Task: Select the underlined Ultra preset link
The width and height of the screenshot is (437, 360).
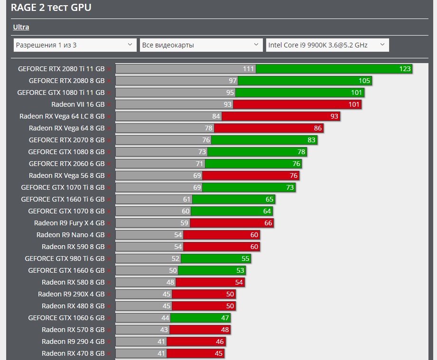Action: pos(21,27)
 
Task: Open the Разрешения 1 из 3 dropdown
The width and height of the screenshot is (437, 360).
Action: pos(75,45)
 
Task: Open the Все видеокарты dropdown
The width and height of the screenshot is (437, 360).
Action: pos(201,45)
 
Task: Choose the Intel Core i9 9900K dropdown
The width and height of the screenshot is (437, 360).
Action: pos(327,45)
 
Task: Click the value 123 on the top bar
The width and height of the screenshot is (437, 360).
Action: pos(404,69)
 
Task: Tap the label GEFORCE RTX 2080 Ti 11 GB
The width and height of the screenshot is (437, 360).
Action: pos(61,69)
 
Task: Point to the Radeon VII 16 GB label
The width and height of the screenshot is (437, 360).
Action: pos(78,104)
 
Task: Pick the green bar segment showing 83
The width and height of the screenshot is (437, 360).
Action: pos(264,140)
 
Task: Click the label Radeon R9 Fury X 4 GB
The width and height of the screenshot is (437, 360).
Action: pos(69,223)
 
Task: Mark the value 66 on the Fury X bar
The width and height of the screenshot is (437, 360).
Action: pos(268,223)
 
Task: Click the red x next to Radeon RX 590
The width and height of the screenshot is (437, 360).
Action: pos(109,247)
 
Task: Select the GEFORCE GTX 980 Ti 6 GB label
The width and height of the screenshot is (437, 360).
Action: pos(65,258)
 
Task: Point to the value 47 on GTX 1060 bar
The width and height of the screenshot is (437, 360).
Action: pos(225,318)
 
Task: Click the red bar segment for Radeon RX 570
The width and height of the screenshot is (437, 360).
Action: pos(200,330)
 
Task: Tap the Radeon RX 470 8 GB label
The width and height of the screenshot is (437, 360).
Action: pos(73,353)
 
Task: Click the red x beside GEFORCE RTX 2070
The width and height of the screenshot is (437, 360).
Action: pos(109,140)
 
